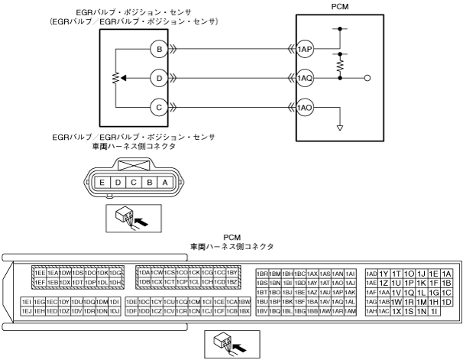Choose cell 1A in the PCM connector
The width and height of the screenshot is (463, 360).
coord(447,274)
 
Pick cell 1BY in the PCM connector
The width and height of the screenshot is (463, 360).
coord(233,273)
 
